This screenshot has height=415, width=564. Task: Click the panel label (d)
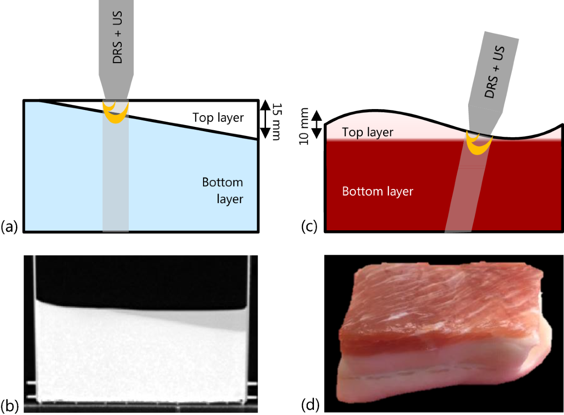(x=310, y=404)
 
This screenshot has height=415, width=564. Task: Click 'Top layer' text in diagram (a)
(x=219, y=117)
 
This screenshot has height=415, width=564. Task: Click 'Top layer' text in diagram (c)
(x=368, y=132)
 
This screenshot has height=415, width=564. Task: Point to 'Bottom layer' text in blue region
(x=223, y=190)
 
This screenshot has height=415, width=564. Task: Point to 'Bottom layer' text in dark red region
(x=377, y=191)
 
